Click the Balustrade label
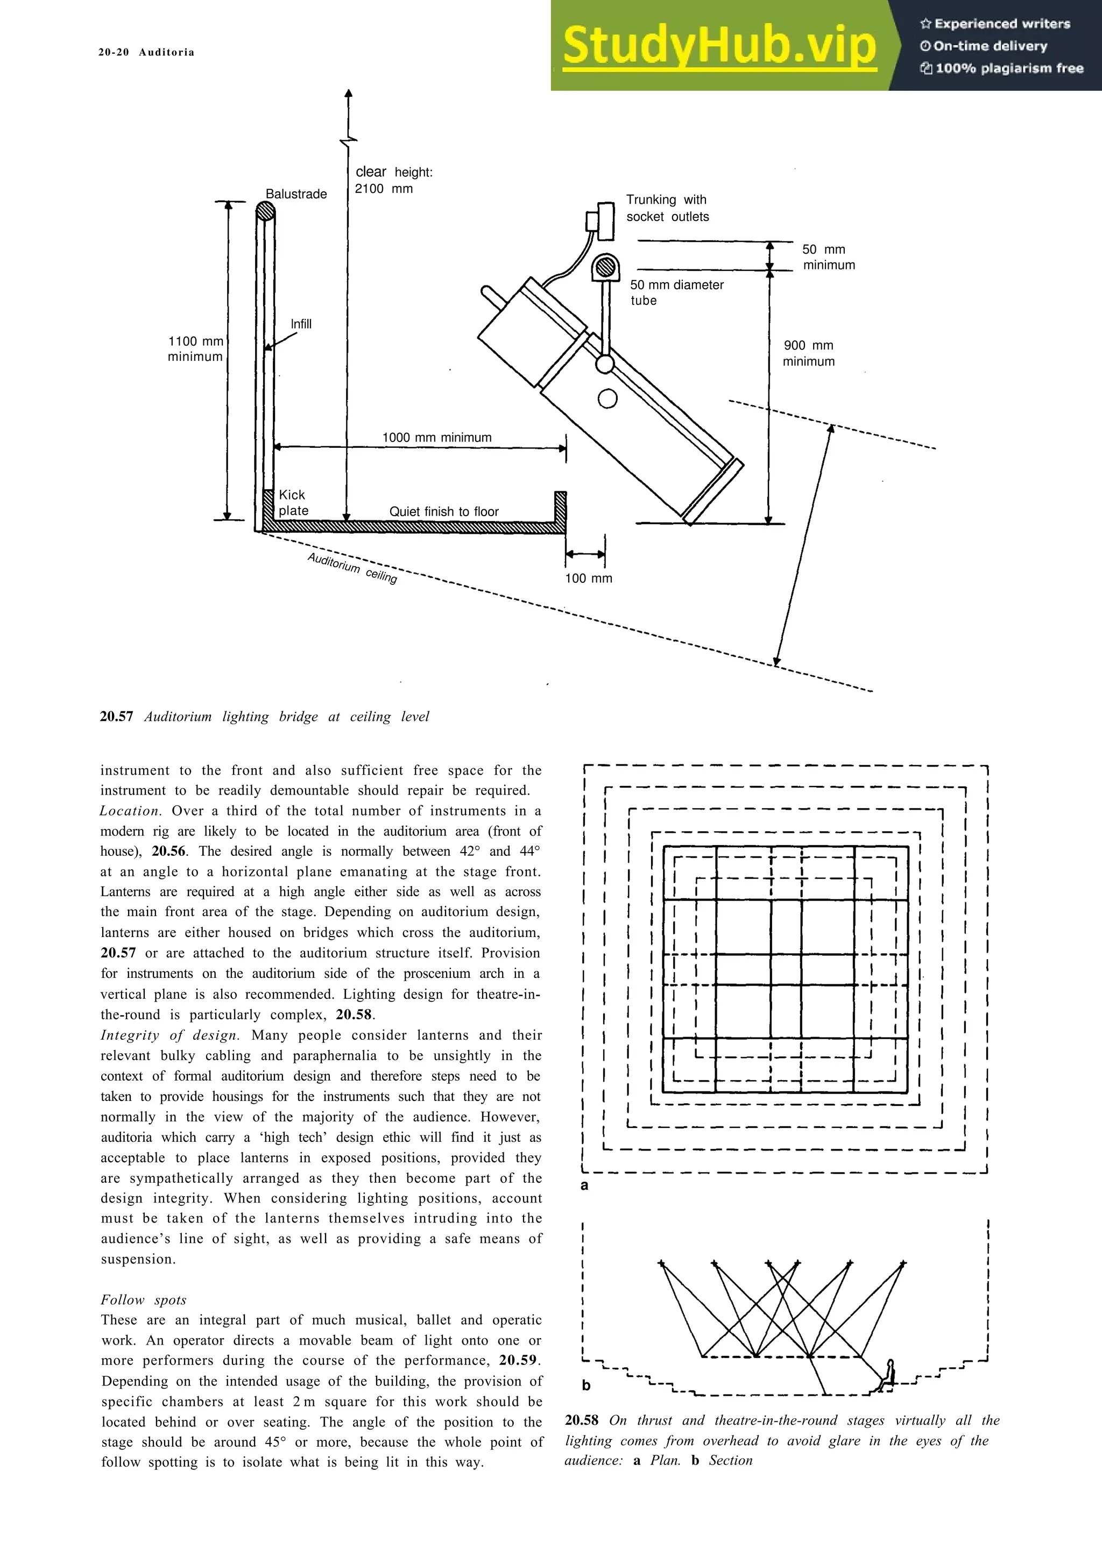point(296,194)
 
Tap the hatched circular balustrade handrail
point(265,212)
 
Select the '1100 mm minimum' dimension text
point(195,349)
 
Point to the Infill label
point(301,324)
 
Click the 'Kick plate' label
point(293,503)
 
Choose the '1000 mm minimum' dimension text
point(436,438)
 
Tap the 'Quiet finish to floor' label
point(443,512)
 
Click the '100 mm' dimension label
point(588,578)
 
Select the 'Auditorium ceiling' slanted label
point(352,568)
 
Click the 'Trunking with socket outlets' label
point(667,208)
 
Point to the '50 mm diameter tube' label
point(676,292)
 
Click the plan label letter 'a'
point(584,1185)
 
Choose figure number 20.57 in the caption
point(116,717)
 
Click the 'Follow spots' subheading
point(143,1300)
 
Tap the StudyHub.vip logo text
point(719,46)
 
